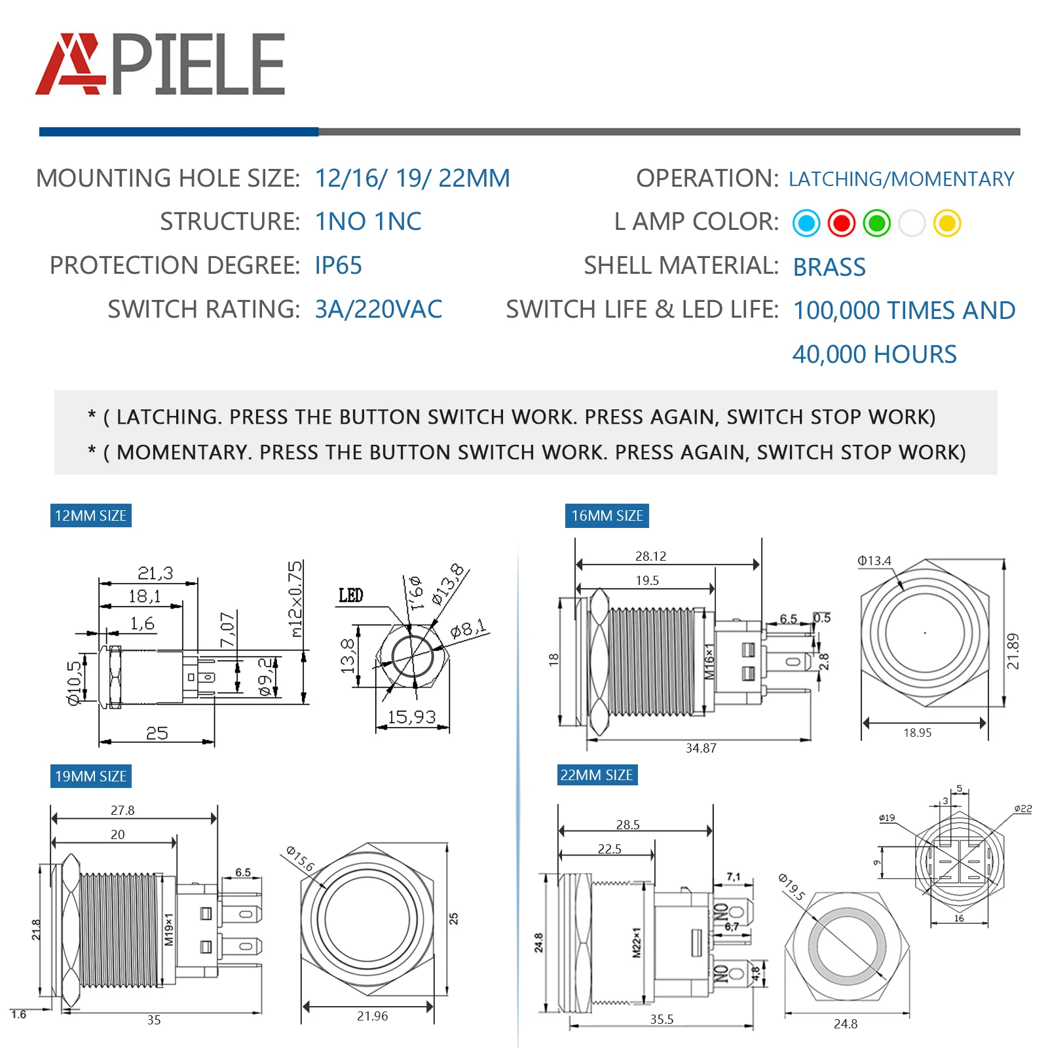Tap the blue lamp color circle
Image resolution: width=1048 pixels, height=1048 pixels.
(806, 223)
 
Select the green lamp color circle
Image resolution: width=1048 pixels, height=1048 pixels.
(876, 223)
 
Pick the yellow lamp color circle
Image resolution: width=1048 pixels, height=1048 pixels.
(947, 223)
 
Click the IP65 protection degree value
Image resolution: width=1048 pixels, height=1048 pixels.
(338, 266)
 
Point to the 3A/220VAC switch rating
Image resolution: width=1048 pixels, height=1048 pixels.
(379, 310)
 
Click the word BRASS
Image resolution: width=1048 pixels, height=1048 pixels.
(829, 267)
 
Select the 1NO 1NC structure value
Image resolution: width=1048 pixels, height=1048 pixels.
(368, 222)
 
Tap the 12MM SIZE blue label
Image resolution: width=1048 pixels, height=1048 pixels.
(90, 515)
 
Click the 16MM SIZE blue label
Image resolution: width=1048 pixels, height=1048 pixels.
(607, 515)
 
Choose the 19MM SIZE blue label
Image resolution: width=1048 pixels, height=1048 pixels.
(90, 776)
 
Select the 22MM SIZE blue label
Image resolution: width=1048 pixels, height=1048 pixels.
(596, 775)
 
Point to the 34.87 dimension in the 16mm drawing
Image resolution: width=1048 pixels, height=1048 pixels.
(701, 748)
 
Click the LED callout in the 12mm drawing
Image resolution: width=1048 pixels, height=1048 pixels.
(350, 595)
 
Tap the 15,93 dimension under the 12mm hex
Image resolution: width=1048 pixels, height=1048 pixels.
(411, 717)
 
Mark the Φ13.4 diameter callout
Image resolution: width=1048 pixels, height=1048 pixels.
(874, 561)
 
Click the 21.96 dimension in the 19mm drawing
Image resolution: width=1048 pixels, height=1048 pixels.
(372, 1016)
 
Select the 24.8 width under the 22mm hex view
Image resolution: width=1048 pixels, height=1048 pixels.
(845, 1024)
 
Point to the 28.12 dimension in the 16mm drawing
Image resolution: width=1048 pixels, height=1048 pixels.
(650, 556)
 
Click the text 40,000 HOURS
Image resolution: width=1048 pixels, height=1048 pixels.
(874, 354)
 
